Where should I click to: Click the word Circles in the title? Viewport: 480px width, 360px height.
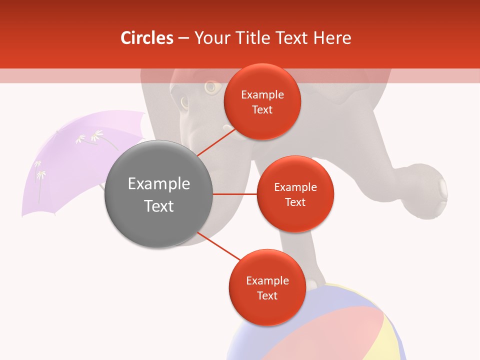147,38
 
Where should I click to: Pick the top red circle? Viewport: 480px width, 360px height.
262,101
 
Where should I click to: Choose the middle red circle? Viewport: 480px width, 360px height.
295,194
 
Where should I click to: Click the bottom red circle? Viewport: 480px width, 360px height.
267,287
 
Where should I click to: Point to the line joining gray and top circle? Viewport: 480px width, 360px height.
216,141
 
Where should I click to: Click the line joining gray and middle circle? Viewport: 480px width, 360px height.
235,194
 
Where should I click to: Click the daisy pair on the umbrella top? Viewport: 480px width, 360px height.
90,136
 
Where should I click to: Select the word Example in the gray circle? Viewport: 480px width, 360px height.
159,183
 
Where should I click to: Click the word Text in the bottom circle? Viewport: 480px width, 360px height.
267,295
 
